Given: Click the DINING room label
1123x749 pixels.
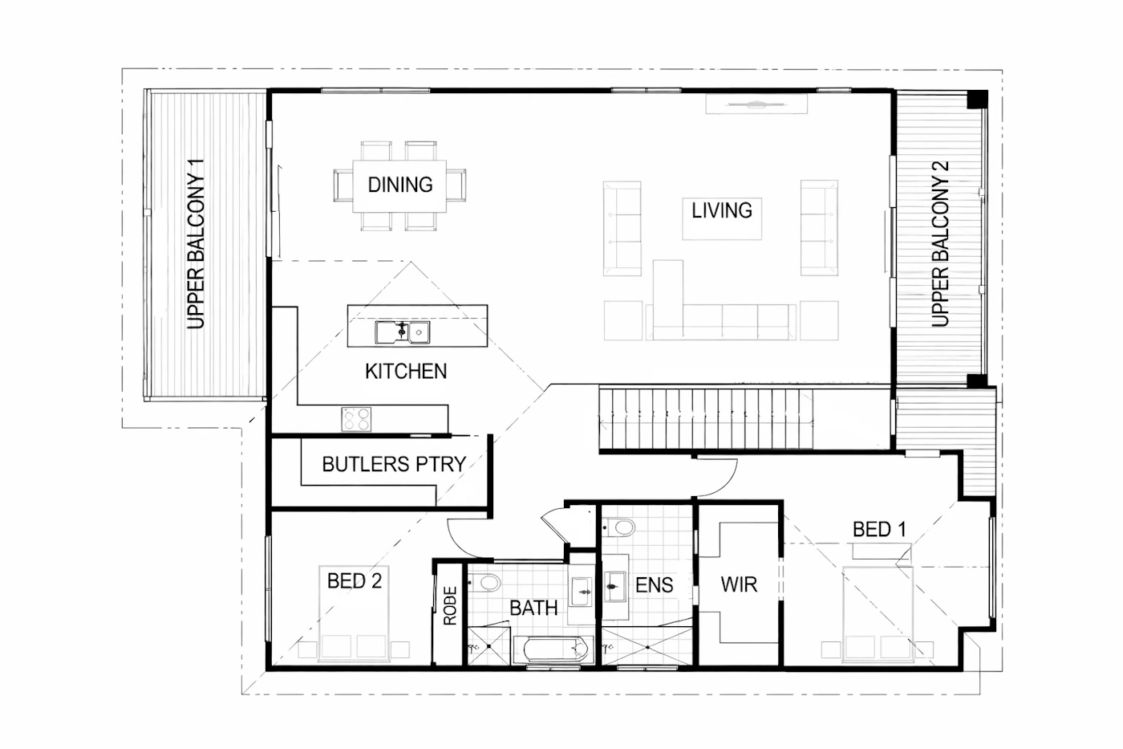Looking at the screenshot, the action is [x=400, y=185].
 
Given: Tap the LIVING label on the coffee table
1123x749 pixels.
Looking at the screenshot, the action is [x=722, y=210].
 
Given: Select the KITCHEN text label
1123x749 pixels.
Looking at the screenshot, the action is [x=406, y=371].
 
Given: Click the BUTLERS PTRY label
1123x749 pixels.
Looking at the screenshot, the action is [x=394, y=464].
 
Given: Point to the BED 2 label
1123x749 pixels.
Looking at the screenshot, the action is [x=355, y=581].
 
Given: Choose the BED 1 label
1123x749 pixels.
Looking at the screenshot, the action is [x=879, y=529].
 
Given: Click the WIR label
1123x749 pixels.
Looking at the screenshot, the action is [x=739, y=584].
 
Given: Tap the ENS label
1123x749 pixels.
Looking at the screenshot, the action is [x=655, y=585].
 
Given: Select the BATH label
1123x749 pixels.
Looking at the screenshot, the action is [x=533, y=608].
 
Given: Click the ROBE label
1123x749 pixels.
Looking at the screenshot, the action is [x=450, y=605].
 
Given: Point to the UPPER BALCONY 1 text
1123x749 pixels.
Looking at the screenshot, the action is [x=196, y=244].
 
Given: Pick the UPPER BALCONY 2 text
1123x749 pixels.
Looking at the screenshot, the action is [x=940, y=244].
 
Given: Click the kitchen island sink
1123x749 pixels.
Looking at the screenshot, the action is [x=402, y=332].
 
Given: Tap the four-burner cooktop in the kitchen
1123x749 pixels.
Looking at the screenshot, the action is [x=356, y=419].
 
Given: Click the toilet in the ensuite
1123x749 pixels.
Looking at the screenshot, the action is [x=619, y=527].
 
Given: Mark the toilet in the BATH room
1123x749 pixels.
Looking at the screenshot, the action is [x=485, y=583].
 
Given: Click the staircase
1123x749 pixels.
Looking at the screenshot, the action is [x=706, y=419].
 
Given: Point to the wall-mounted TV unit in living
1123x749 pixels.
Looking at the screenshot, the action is [x=756, y=104].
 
